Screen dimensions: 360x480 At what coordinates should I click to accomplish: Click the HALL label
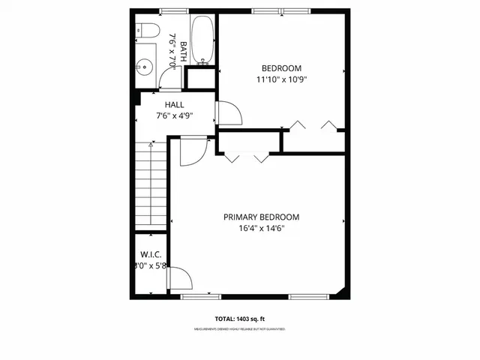[x=175, y=105]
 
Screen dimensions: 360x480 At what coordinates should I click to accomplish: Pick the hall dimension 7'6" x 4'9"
[x=175, y=116]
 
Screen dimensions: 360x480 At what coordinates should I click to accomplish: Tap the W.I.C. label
[x=150, y=254]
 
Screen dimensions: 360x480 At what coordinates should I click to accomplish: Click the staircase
[x=150, y=187]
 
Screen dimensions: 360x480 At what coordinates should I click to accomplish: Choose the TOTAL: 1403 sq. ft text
[x=239, y=319]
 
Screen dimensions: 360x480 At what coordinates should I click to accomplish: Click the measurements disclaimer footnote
[x=239, y=329]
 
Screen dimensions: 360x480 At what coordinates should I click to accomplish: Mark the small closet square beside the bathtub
[x=200, y=79]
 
